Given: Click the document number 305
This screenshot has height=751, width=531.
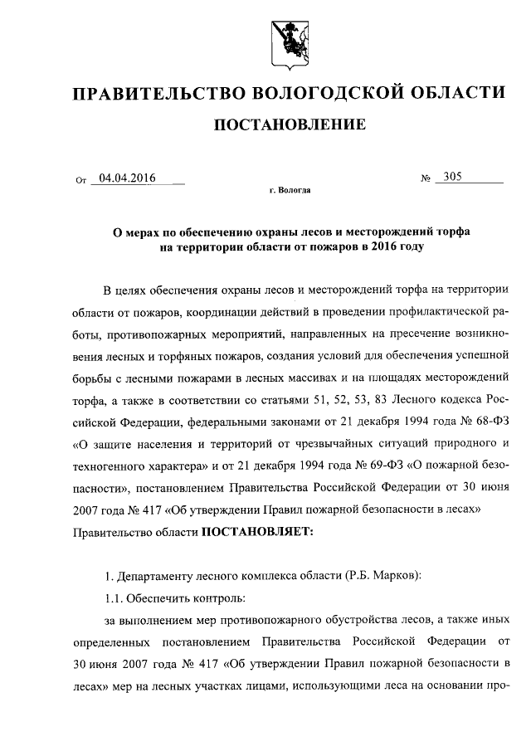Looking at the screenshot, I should tap(454, 176).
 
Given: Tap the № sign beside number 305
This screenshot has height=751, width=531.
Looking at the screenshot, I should tap(426, 178).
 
